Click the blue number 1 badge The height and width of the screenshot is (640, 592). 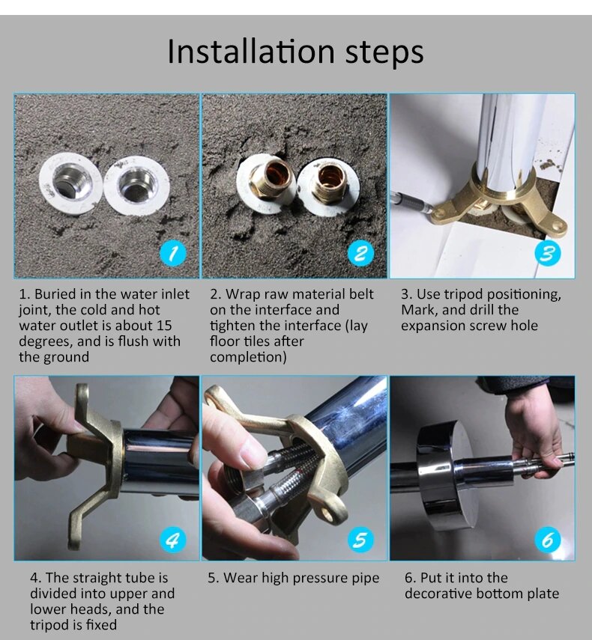(173, 254)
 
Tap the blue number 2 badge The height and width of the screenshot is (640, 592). (360, 254)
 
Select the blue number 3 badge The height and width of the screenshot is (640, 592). (548, 254)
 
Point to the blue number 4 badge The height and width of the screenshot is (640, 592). (173, 540)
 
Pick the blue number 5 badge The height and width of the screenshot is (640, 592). (360, 540)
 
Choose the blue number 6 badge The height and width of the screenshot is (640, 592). (548, 540)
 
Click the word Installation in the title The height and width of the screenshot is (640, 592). (251, 52)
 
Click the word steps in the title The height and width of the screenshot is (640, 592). (384, 53)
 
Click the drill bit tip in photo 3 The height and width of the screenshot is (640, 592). (428, 210)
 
